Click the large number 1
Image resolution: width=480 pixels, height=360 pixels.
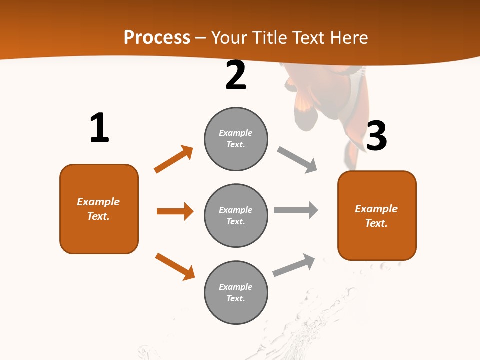click(x=99, y=128)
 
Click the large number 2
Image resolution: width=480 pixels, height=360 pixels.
click(x=236, y=76)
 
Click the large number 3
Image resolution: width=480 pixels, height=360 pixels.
click(x=376, y=136)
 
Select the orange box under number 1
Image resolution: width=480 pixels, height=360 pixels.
click(x=99, y=209)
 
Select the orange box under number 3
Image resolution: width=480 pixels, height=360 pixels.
click(x=377, y=216)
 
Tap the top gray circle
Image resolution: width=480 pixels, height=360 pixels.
click(x=236, y=139)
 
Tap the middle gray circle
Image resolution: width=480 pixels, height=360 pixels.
click(x=236, y=215)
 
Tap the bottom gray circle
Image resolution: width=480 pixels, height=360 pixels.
click(x=236, y=292)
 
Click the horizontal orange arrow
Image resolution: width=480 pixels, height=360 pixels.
click(x=175, y=211)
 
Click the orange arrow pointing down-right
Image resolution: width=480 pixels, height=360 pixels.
click(x=175, y=266)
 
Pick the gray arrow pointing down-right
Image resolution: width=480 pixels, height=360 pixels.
click(x=297, y=159)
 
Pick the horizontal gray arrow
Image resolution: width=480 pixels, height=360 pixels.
click(x=295, y=210)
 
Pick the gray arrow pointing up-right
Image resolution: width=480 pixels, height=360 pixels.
click(x=294, y=265)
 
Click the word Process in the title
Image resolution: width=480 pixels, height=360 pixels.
click(x=157, y=37)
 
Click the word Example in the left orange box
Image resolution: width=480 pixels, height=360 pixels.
click(x=98, y=202)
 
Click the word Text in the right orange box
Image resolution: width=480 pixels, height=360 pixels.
click(x=376, y=223)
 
